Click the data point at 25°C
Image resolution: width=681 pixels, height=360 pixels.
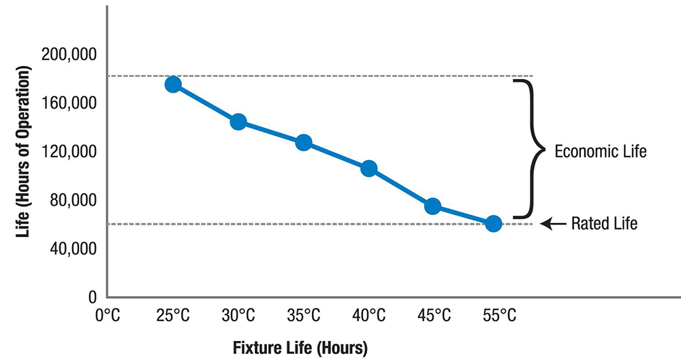click(x=173, y=84)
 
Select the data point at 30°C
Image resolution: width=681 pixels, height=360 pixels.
click(x=238, y=122)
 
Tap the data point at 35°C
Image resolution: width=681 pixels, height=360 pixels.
click(x=304, y=143)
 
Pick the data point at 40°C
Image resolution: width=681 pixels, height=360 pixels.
click(x=369, y=169)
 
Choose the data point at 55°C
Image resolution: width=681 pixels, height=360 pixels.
click(x=494, y=223)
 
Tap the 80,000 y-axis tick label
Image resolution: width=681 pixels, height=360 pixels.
click(x=74, y=200)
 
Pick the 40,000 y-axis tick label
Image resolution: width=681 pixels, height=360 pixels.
click(x=74, y=248)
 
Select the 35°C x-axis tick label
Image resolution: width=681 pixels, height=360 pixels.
click(x=304, y=315)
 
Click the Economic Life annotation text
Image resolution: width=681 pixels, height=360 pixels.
click(x=600, y=151)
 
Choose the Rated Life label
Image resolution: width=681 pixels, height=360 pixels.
click(x=604, y=223)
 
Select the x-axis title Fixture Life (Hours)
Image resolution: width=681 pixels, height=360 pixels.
click(x=300, y=348)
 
